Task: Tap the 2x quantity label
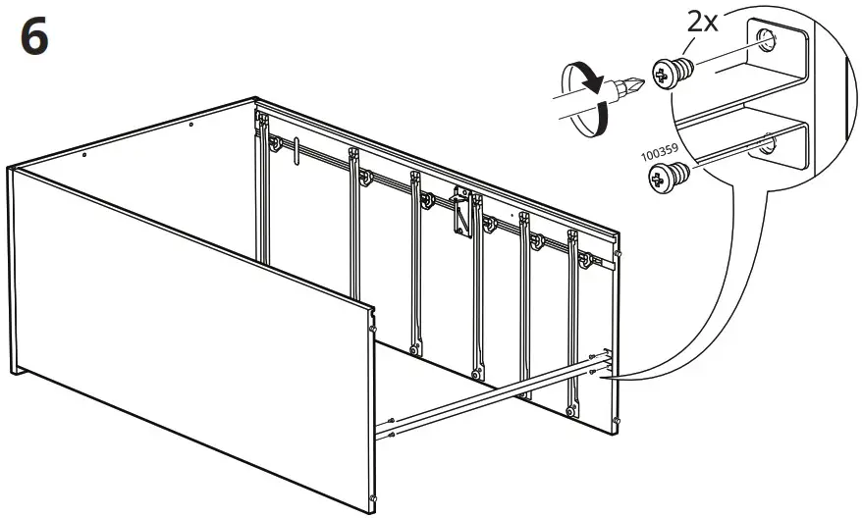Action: click(x=703, y=23)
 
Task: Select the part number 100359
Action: click(x=660, y=152)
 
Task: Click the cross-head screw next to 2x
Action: click(x=673, y=73)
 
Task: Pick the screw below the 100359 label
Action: click(x=669, y=177)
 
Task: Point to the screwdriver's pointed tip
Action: click(x=643, y=83)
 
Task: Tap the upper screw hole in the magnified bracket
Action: click(x=767, y=41)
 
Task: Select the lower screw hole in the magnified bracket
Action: click(x=770, y=144)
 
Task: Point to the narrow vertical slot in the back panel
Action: click(x=296, y=150)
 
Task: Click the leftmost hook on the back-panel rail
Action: click(x=274, y=144)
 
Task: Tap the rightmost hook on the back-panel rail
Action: click(x=585, y=259)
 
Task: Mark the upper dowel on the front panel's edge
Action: click(x=373, y=329)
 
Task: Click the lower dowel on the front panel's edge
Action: click(x=373, y=498)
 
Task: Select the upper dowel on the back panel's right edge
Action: click(x=619, y=254)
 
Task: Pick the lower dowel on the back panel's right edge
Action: click(x=617, y=421)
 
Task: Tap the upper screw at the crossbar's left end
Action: click(x=391, y=421)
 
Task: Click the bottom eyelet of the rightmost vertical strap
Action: click(x=572, y=410)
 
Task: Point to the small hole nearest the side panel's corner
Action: click(x=84, y=155)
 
